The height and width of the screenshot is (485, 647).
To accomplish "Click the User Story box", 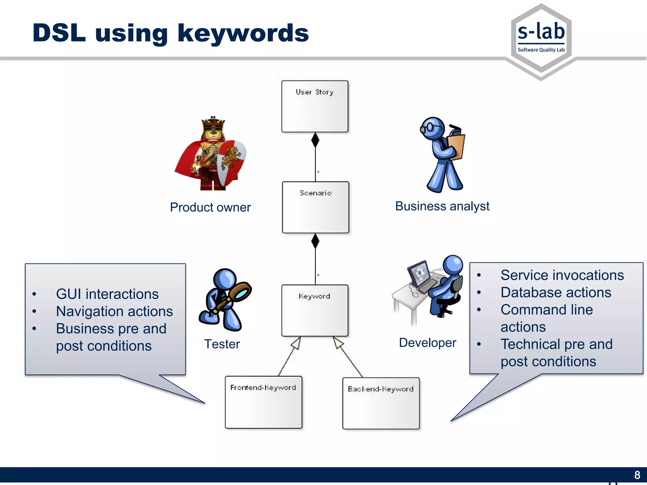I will click(x=315, y=106).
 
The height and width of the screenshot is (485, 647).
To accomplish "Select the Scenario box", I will click(x=315, y=207).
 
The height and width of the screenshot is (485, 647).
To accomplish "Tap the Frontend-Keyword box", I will click(x=263, y=402).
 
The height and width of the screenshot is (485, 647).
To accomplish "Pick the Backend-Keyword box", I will click(x=381, y=403).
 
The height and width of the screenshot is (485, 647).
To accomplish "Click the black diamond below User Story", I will click(x=315, y=140).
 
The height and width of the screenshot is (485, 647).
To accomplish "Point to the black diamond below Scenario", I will click(x=315, y=241).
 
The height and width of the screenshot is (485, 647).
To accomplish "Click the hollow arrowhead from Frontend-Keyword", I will click(x=296, y=343).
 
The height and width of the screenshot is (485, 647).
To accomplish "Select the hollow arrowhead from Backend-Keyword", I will click(x=338, y=343).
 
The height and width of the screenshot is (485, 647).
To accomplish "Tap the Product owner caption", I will click(x=210, y=207).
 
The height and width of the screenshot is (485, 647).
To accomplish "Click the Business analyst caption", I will click(x=442, y=206).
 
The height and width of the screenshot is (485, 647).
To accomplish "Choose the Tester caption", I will click(x=222, y=344).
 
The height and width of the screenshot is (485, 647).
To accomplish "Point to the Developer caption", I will click(x=427, y=343).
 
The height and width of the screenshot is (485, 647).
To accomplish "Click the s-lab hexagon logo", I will click(x=541, y=39).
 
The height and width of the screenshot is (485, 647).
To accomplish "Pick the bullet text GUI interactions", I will click(x=107, y=294).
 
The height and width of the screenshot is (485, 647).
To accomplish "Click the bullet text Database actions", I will click(x=556, y=292).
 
